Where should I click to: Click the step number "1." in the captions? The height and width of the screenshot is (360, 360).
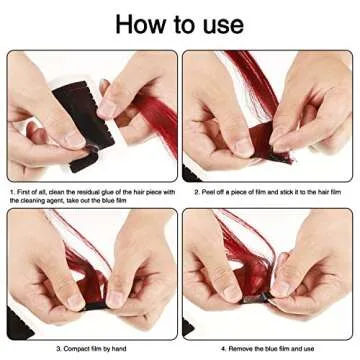pyautogui.click(x=11, y=190)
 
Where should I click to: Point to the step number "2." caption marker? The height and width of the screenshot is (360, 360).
pyautogui.click(x=196, y=190)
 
